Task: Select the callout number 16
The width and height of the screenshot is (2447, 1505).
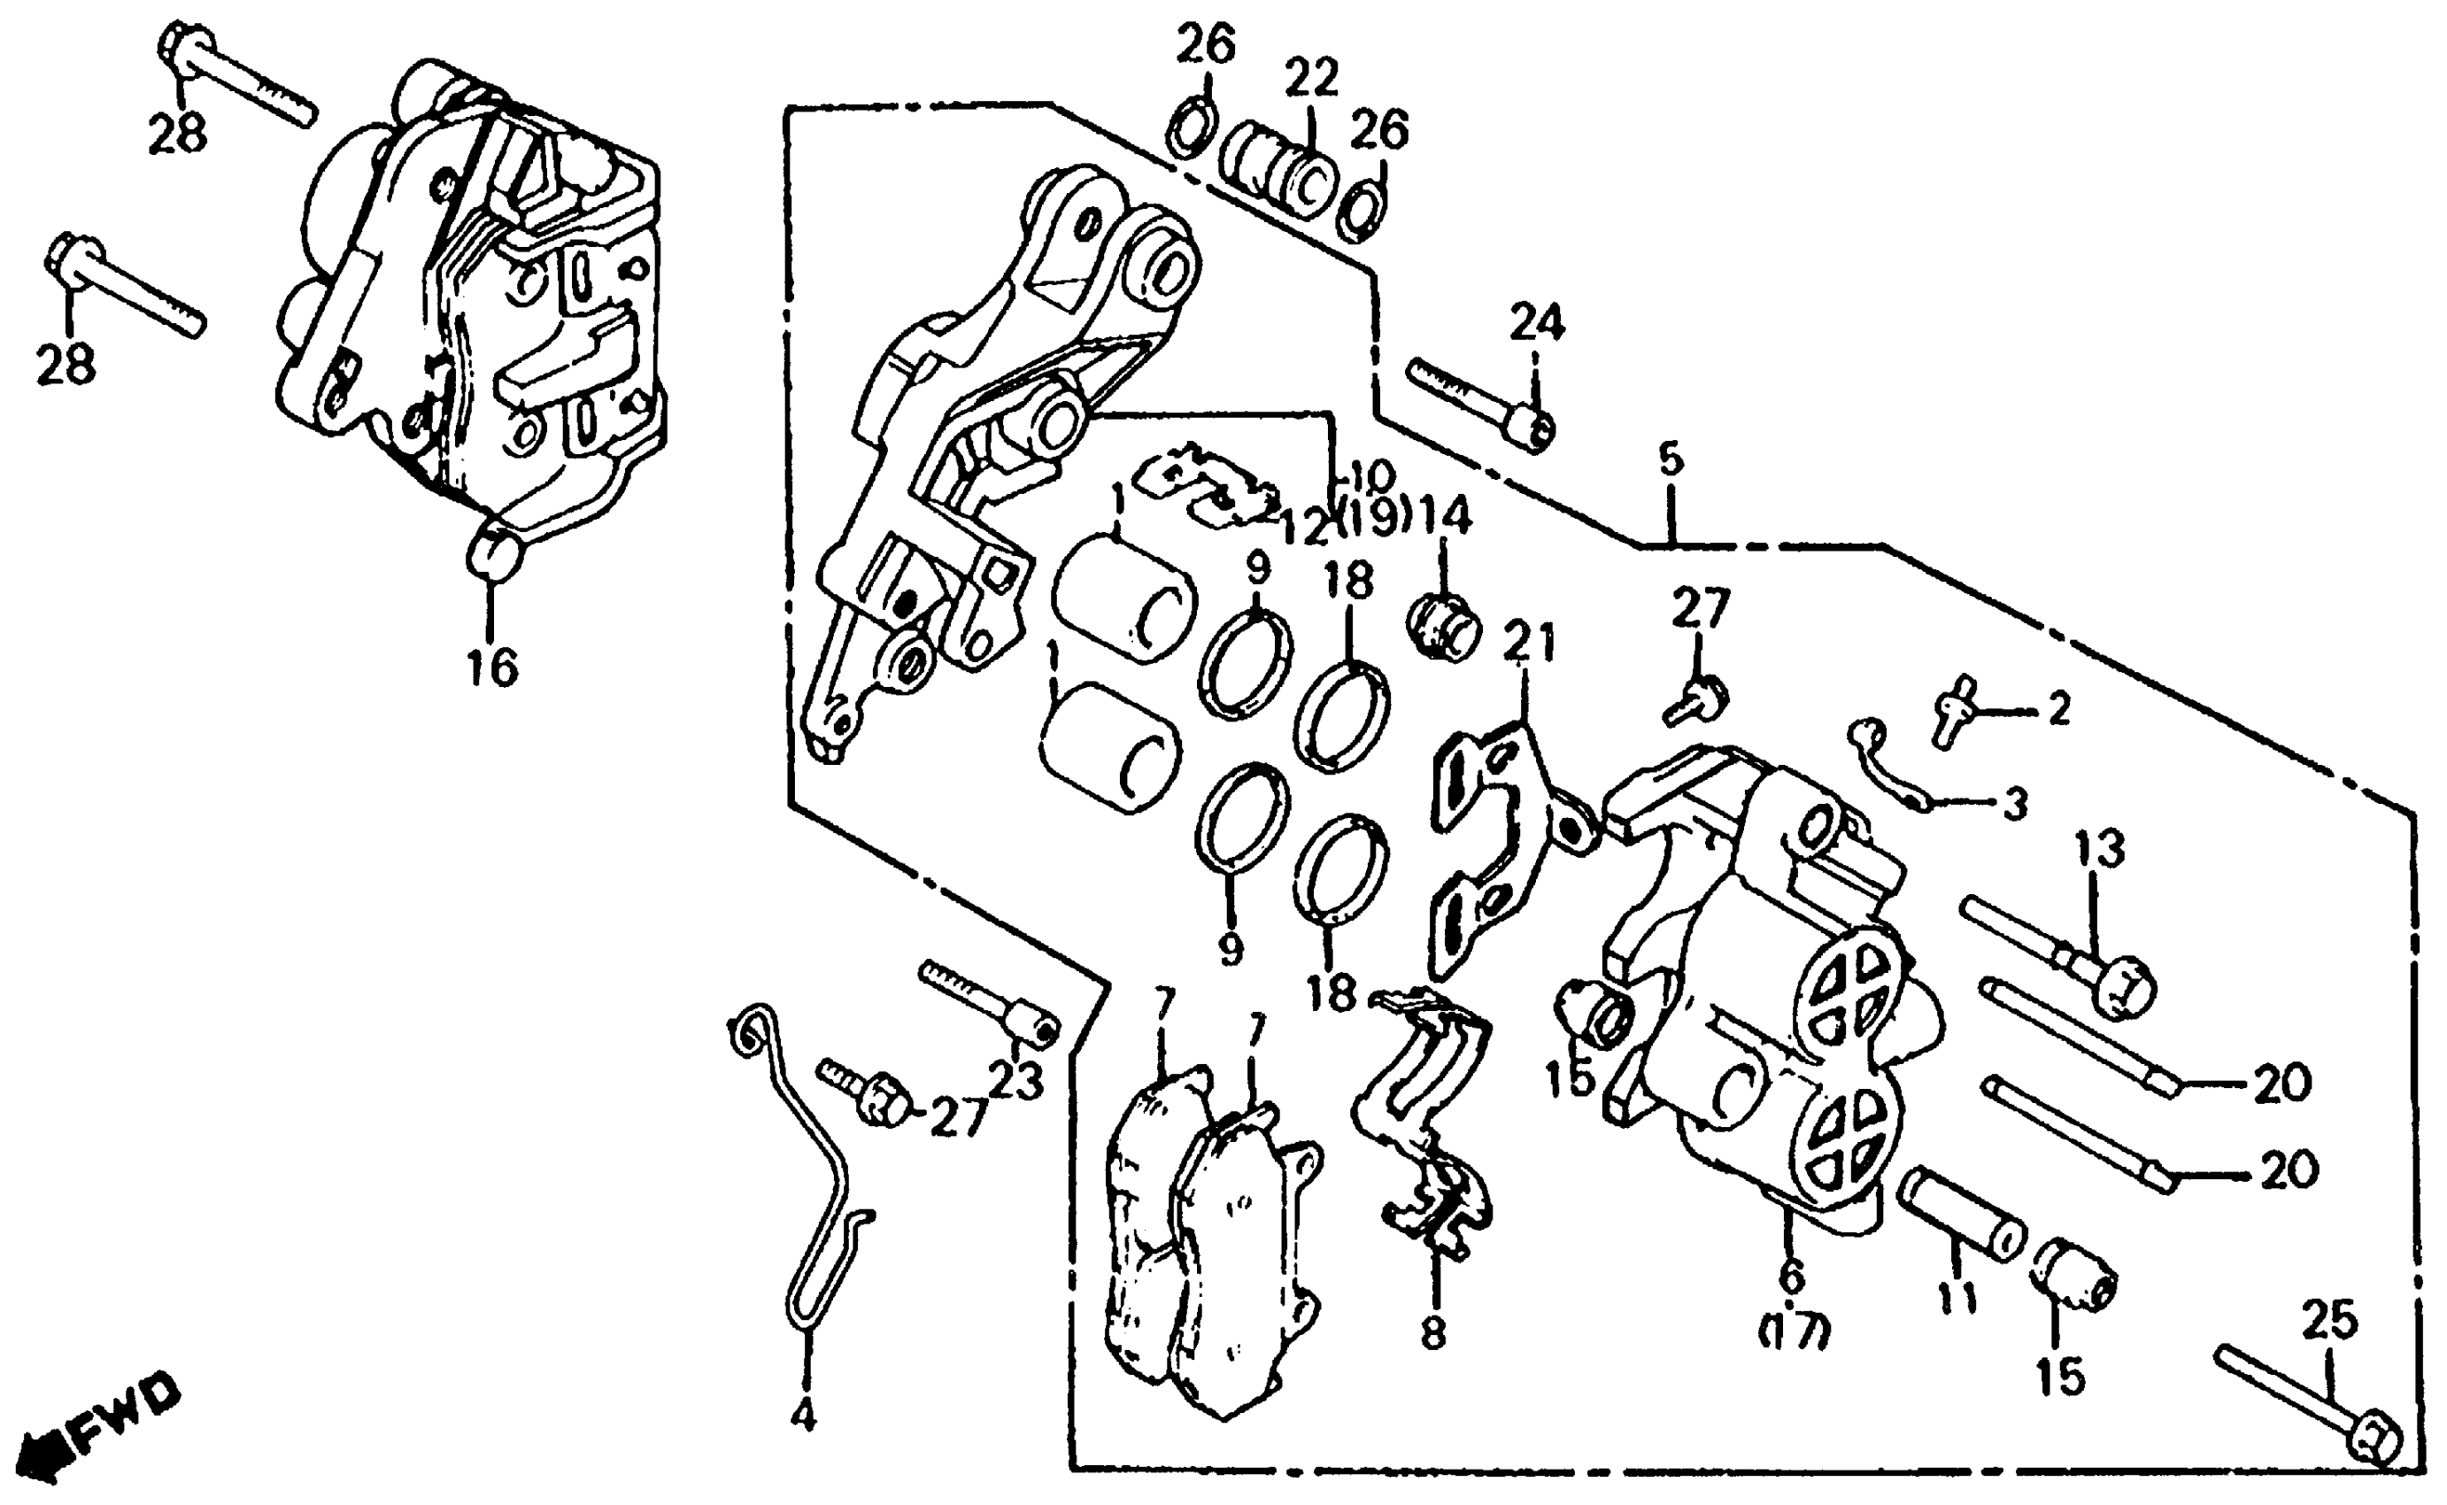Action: pos(492,666)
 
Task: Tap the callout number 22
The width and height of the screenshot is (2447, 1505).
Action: pos(1310,78)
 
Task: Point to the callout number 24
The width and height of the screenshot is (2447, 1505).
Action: pos(1537,322)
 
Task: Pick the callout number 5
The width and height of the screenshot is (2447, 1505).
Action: pos(1671,459)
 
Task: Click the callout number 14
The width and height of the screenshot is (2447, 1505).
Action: pos(1445,517)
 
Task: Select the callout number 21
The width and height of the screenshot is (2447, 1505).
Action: pos(1529,643)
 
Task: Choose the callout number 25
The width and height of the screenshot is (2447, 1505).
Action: pos(2329,1322)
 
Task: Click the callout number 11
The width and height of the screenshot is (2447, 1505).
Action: pos(1957,1297)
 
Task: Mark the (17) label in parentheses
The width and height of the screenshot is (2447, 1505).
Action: pos(1794,1331)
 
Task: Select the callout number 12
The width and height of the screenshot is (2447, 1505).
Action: pos(1306,528)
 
